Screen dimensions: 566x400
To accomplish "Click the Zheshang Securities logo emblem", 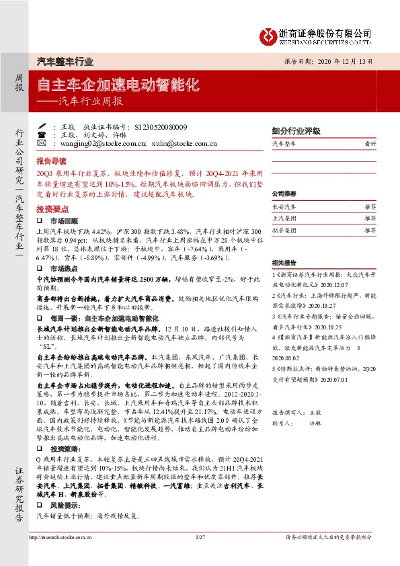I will click(x=268, y=34).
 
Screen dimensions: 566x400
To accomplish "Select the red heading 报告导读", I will click(x=52, y=162).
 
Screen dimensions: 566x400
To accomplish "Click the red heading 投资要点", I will click(x=52, y=210).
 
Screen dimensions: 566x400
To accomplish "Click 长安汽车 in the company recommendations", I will click(x=285, y=207).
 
